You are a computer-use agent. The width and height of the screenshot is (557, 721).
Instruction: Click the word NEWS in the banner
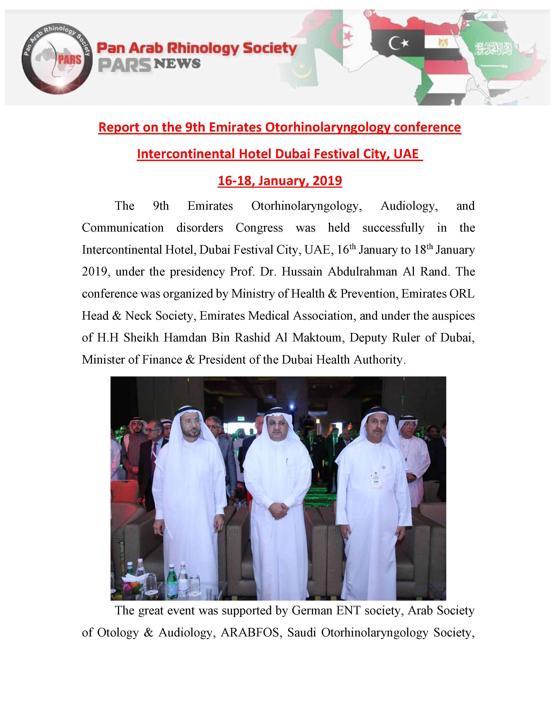pyautogui.click(x=177, y=63)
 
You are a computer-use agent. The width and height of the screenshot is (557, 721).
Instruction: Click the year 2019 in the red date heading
pyautogui.click(x=327, y=181)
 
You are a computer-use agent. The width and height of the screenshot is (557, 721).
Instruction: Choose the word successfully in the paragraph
pyautogui.click(x=393, y=228)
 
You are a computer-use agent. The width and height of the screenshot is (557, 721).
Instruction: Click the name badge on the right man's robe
pyautogui.click(x=375, y=478)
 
